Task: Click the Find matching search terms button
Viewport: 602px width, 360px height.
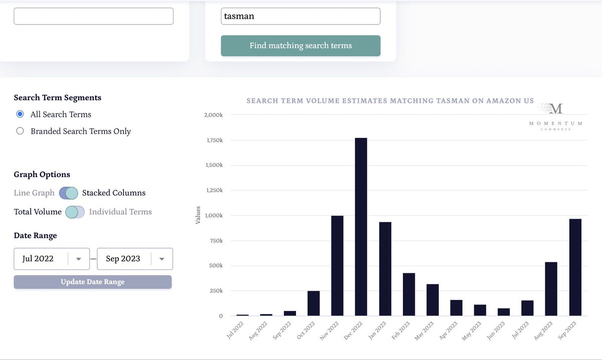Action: (300, 46)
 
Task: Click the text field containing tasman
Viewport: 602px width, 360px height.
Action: (300, 16)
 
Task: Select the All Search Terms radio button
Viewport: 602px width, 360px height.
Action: (20, 114)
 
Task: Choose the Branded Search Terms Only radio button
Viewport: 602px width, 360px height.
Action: (20, 131)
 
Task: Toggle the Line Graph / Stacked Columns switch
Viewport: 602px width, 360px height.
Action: (69, 193)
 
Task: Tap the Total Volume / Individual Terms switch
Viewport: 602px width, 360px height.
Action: (75, 212)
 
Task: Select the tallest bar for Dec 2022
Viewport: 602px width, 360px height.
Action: (361, 227)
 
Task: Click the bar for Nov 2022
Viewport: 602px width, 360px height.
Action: (337, 265)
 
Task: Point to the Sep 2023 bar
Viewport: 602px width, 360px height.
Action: (575, 267)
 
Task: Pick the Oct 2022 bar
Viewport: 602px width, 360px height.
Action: (314, 303)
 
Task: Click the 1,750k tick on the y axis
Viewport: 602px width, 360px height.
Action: (215, 140)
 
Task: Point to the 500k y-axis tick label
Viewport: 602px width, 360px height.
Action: (216, 266)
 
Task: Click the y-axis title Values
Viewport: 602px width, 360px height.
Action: (198, 215)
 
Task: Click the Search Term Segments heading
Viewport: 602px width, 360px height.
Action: (57, 98)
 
